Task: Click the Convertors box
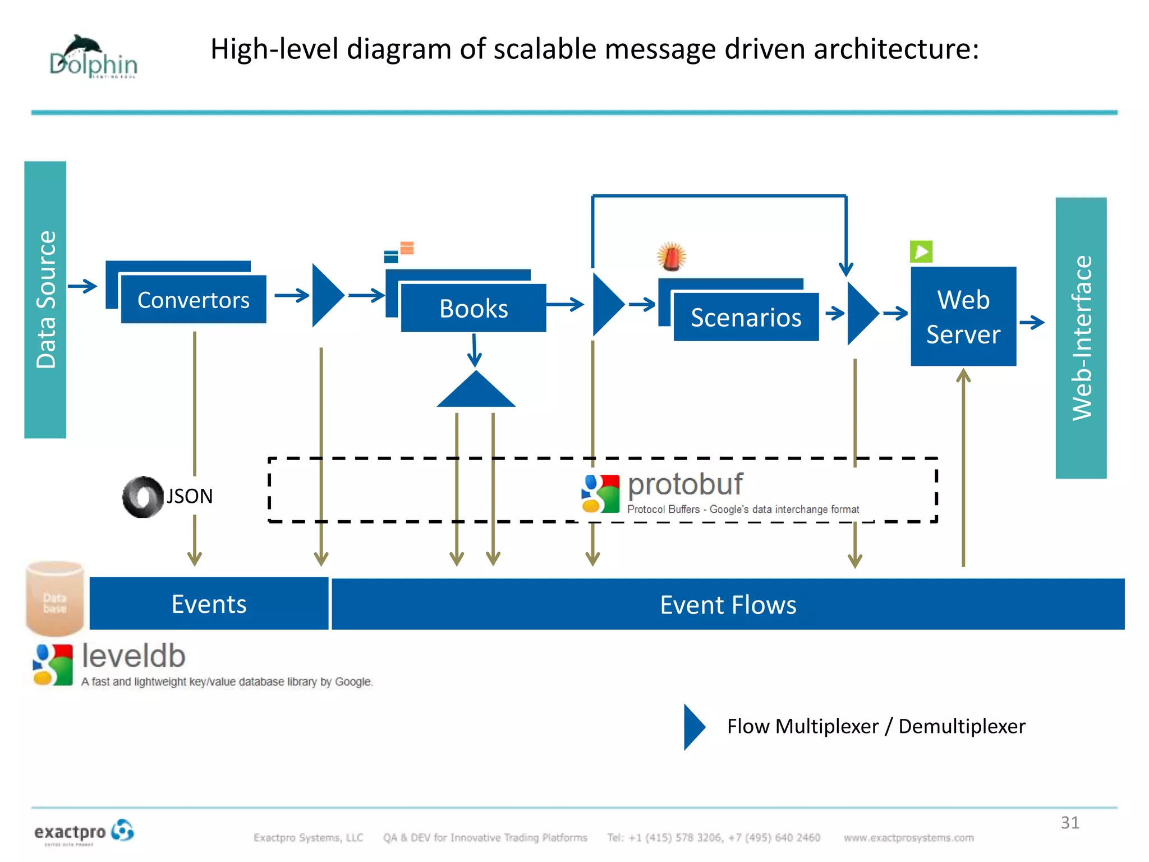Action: [194, 300]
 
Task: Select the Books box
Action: [474, 308]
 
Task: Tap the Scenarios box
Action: [746, 317]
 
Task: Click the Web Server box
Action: [963, 317]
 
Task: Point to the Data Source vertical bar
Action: [45, 300]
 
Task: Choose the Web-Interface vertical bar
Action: [1081, 338]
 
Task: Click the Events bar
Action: [209, 604]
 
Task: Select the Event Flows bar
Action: [728, 604]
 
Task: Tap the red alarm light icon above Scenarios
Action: [672, 257]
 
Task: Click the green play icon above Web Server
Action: [921, 251]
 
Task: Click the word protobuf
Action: [685, 484]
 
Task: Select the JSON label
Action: [190, 496]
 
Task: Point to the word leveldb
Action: [134, 656]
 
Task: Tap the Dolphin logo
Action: [93, 57]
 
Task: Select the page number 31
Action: [1069, 823]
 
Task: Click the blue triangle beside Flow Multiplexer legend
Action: [693, 727]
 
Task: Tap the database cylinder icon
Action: [54, 598]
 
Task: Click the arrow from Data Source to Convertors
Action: [82, 286]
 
